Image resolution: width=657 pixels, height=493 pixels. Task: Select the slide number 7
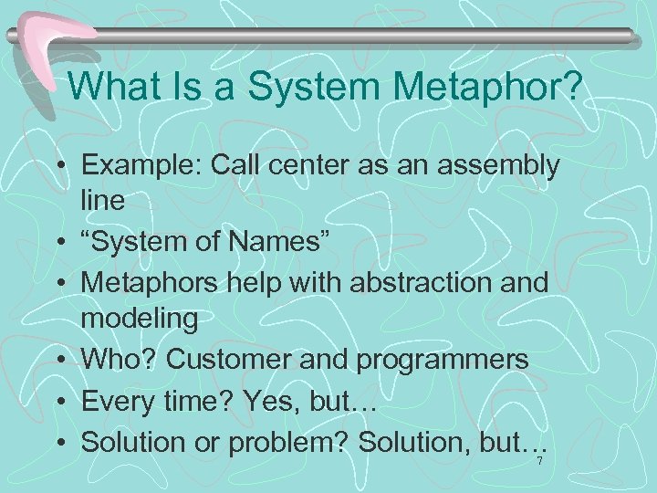[x=539, y=462]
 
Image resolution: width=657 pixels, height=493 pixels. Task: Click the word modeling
[x=139, y=320]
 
